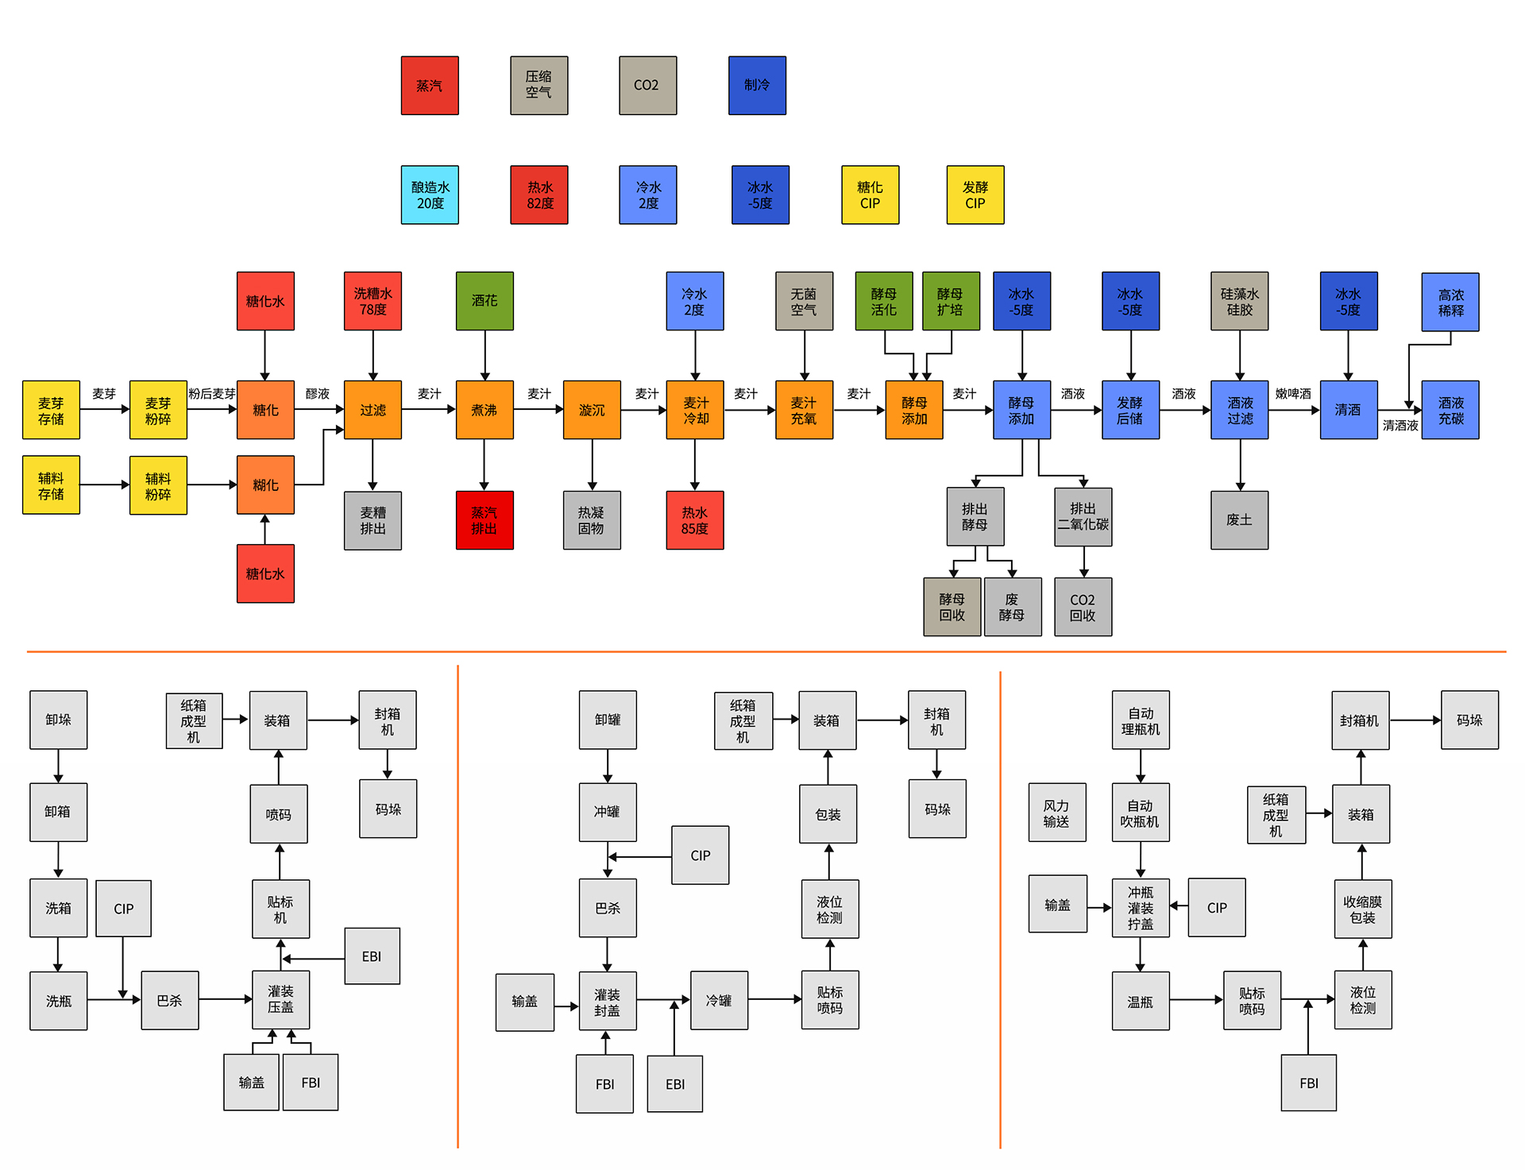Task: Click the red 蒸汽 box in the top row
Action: pyautogui.click(x=430, y=86)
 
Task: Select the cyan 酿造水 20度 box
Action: pyautogui.click(x=430, y=195)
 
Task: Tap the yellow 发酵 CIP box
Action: pyautogui.click(x=975, y=195)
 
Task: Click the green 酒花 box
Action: pyautogui.click(x=485, y=301)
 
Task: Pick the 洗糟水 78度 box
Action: pyautogui.click(x=373, y=301)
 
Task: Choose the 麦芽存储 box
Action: pyautogui.click(x=51, y=410)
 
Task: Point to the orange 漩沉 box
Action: pyautogui.click(x=592, y=410)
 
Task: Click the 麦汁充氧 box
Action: pyautogui.click(x=804, y=410)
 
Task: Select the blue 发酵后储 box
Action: pyautogui.click(x=1130, y=410)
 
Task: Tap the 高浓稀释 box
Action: pyautogui.click(x=1450, y=302)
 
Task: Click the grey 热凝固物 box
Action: pyautogui.click(x=592, y=520)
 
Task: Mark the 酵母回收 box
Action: pyautogui.click(x=952, y=607)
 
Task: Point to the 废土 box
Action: pyautogui.click(x=1239, y=520)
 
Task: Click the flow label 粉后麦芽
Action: pyautogui.click(x=212, y=394)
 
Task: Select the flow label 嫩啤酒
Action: pyautogui.click(x=1293, y=394)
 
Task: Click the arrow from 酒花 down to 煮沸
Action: pyautogui.click(x=485, y=355)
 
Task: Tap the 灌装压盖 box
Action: pyautogui.click(x=280, y=1000)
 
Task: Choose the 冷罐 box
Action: pyautogui.click(x=719, y=1001)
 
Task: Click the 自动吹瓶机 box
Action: pyautogui.click(x=1140, y=813)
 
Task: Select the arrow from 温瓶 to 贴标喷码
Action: pyautogui.click(x=1195, y=1000)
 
